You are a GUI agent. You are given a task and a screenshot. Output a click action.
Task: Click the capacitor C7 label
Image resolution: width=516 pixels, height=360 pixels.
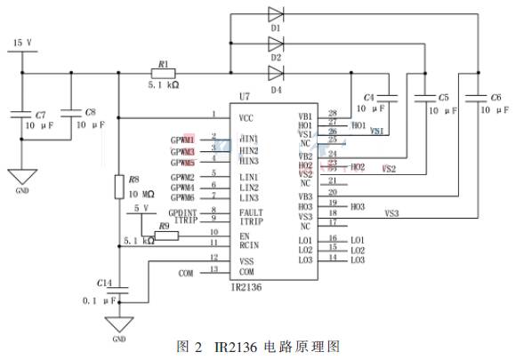[x=39, y=116]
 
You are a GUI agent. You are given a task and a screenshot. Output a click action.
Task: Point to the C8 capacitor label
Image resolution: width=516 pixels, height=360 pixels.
[x=91, y=114]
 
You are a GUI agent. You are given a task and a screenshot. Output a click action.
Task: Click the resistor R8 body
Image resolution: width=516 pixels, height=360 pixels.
[x=119, y=188]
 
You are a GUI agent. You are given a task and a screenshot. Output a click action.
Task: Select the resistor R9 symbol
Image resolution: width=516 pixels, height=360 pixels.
[x=165, y=236]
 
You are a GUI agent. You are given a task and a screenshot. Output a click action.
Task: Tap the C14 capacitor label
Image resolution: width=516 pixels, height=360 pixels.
[x=105, y=283]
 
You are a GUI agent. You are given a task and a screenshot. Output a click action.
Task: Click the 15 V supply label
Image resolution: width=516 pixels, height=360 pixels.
[x=22, y=43]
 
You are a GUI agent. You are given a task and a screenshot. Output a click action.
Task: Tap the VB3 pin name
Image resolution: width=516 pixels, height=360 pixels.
[x=305, y=196]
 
